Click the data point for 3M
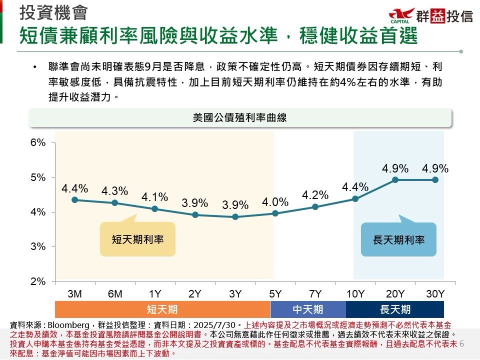pos(75,199)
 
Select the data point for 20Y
pos(395,179)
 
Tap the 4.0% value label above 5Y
pos(275,202)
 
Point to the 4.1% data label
pos(154,196)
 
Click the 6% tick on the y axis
pos(38,142)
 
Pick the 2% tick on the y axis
pos(38,281)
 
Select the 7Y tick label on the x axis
pos(315,294)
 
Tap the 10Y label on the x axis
pos(355,294)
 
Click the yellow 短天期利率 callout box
pos(137,239)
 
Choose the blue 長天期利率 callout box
pos(398,239)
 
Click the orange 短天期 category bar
pos(162,309)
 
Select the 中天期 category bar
pos(307,309)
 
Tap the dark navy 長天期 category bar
pos(395,309)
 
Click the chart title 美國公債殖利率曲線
pos(239,118)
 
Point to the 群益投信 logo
pos(430,16)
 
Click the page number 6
pos(461,344)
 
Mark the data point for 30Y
pos(435,179)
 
